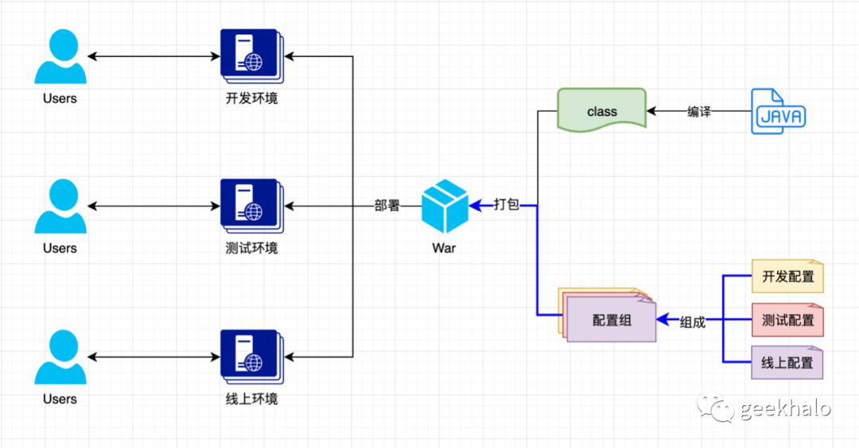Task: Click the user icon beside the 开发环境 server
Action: (x=60, y=56)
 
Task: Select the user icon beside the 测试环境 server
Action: (x=60, y=207)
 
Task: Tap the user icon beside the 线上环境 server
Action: (x=60, y=357)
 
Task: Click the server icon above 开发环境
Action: (x=252, y=56)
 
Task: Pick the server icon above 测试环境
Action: (x=252, y=207)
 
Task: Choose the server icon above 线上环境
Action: (x=252, y=357)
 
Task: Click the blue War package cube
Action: (x=445, y=207)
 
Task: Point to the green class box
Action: (x=601, y=110)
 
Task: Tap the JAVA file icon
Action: (x=778, y=111)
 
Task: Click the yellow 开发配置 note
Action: (x=787, y=276)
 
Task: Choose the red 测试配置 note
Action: (x=787, y=320)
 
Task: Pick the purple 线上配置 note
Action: (x=787, y=362)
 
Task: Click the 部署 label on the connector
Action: (x=387, y=206)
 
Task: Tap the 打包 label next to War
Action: (x=506, y=205)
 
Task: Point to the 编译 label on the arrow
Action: (x=699, y=111)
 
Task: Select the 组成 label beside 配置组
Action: (x=693, y=322)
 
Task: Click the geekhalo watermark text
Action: (x=785, y=408)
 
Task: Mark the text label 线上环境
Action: (x=252, y=399)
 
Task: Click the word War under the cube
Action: (x=444, y=249)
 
